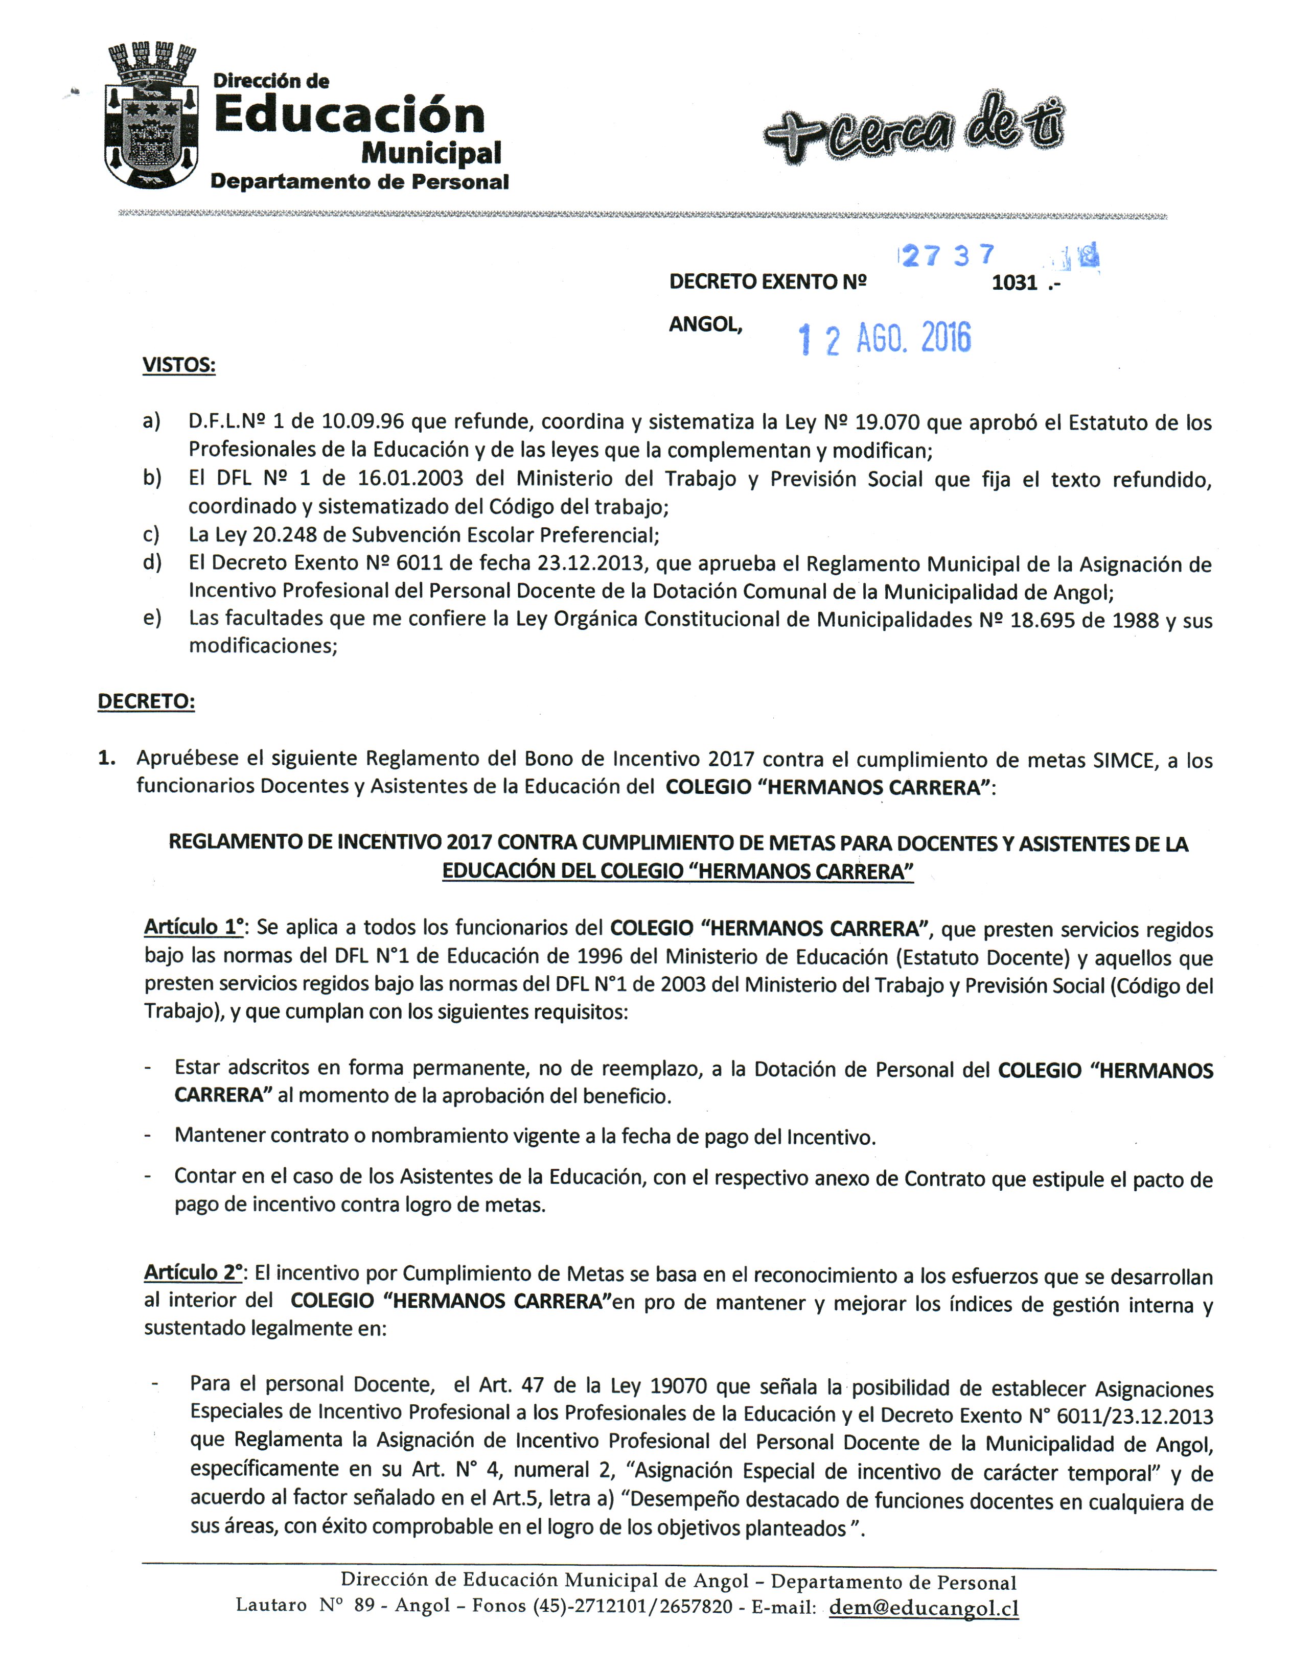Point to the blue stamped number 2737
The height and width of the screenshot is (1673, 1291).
click(948, 255)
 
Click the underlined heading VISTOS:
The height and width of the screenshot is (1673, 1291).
click(178, 365)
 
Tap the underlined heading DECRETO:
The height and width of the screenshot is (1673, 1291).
click(146, 702)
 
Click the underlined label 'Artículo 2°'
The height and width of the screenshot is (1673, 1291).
click(193, 1273)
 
